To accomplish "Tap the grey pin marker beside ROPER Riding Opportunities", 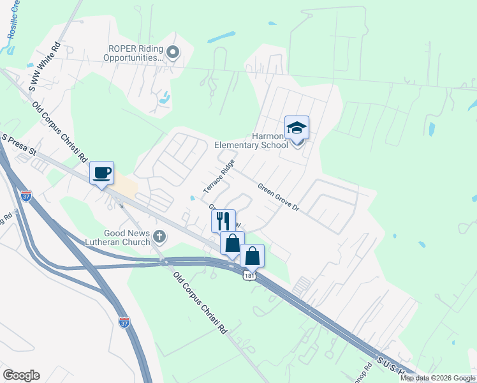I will [173, 52].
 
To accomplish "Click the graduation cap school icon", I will [297, 128].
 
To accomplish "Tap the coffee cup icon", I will [101, 172].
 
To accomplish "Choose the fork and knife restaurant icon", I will [223, 222].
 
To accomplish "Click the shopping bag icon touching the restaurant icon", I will [233, 243].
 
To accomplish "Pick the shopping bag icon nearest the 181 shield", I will [253, 255].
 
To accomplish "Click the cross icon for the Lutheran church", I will [159, 238].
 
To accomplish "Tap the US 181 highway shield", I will [248, 273].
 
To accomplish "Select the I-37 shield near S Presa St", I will [26, 196].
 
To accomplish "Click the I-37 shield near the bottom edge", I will [124, 323].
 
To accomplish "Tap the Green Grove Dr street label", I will [278, 197].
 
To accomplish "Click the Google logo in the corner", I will [21, 375].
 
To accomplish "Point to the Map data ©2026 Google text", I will [437, 378].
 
